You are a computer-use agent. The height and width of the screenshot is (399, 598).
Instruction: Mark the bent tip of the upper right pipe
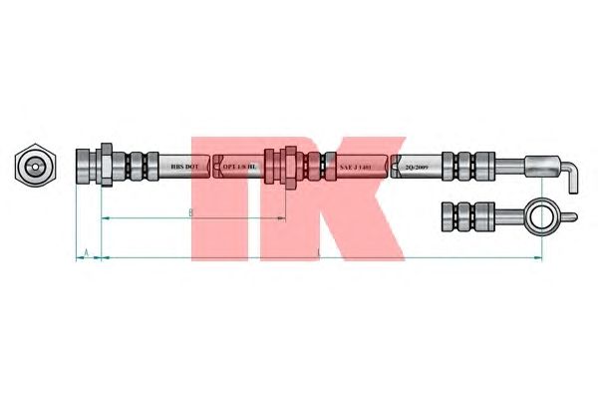point(572,180)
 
